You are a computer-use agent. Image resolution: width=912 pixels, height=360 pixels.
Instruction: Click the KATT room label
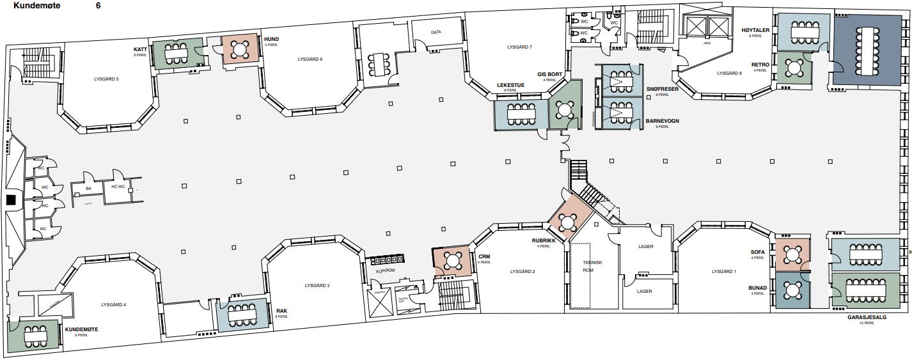(x=141, y=49)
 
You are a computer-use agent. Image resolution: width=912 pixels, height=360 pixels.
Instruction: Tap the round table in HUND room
(x=240, y=49)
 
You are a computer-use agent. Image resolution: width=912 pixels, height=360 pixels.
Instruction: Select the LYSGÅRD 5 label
(x=106, y=79)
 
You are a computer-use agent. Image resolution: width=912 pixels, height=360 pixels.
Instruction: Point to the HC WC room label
(x=118, y=187)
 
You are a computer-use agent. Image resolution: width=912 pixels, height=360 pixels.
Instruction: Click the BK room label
(x=89, y=189)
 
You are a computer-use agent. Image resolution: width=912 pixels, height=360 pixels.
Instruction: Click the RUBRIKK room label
(x=544, y=241)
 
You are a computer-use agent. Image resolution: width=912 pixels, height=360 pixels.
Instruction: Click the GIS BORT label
(x=549, y=74)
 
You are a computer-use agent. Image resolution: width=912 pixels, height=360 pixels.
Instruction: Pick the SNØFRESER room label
(x=661, y=89)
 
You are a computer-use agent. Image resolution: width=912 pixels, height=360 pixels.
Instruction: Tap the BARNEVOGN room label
(x=662, y=121)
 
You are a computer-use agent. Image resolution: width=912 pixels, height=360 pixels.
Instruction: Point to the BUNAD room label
(x=757, y=288)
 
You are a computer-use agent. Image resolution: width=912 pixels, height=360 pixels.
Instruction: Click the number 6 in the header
(x=98, y=5)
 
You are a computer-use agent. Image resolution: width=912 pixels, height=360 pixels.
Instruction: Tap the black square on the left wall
(x=10, y=200)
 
